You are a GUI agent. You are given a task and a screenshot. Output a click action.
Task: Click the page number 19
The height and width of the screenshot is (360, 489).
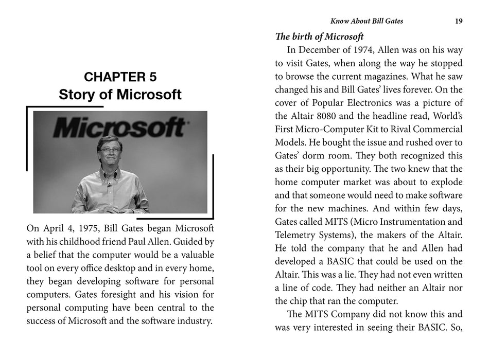click(459, 21)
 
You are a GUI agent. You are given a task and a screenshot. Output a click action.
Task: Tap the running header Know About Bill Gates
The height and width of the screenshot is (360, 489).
click(366, 21)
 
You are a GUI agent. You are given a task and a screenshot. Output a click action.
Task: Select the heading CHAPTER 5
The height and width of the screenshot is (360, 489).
click(120, 77)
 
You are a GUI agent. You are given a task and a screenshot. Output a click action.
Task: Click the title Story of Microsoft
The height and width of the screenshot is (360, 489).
click(120, 95)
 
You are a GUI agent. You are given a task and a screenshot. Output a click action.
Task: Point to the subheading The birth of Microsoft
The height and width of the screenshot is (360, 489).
click(320, 37)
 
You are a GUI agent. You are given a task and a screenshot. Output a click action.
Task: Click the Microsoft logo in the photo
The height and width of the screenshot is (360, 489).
click(119, 127)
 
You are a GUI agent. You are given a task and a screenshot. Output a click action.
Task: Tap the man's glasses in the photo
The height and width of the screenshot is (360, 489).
click(109, 150)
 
